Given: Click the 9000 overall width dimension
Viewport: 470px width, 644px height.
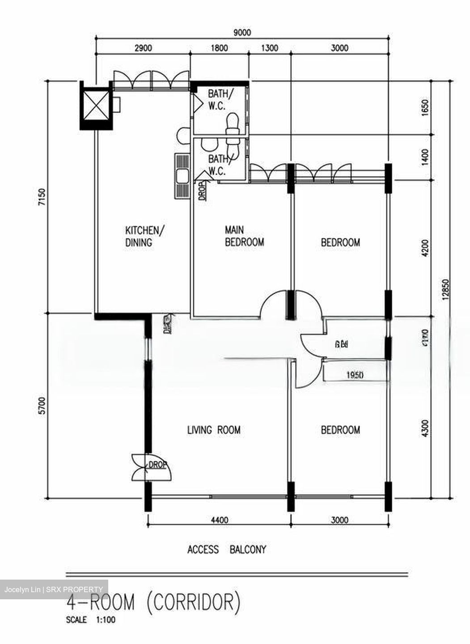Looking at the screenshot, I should click(242, 33).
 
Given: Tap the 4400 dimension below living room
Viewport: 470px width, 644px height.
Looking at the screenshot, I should click(219, 520).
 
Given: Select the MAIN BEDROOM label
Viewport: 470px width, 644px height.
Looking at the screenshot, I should click(244, 236).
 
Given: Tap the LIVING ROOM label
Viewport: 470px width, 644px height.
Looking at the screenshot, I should click(213, 430).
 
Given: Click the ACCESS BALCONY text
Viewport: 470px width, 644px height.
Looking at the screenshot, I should click(226, 549).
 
